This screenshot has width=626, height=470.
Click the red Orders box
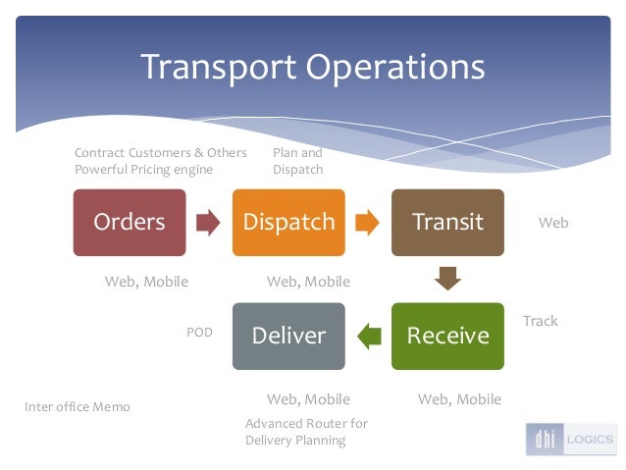(129, 223)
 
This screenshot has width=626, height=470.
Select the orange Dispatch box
(288, 223)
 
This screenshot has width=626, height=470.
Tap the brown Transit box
(447, 223)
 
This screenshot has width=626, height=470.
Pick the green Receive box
(447, 336)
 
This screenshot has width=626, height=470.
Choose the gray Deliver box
(288, 336)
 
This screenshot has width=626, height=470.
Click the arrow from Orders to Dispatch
(208, 223)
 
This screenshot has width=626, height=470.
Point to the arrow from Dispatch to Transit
(367, 223)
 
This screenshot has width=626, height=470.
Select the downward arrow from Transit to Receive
(447, 279)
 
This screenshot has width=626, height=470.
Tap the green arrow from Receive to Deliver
(368, 336)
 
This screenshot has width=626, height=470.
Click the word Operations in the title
(395, 67)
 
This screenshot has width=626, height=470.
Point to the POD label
(199, 333)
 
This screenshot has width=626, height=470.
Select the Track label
(540, 321)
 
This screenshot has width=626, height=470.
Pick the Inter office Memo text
(77, 406)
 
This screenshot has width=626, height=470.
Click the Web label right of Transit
(553, 223)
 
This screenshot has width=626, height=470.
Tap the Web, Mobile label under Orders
(146, 282)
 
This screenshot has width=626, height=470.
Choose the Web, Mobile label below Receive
(459, 399)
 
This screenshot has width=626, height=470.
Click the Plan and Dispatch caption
(297, 161)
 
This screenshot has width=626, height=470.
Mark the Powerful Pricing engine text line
(143, 170)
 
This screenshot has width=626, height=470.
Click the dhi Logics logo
(569, 440)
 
